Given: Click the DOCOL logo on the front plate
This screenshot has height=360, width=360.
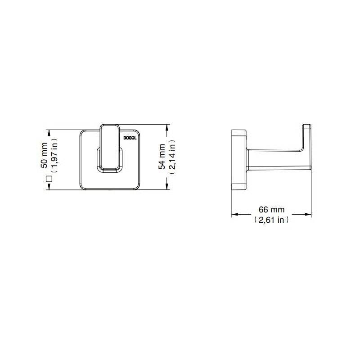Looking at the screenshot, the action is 130,138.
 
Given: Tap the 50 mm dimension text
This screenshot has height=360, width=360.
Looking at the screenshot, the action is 44,155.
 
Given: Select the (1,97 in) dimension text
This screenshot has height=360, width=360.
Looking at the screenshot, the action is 54,155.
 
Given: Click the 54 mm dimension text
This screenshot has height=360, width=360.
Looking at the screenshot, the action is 162,157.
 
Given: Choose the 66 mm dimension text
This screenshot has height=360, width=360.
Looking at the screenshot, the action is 271,209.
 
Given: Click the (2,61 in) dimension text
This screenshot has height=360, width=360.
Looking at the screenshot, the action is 271,220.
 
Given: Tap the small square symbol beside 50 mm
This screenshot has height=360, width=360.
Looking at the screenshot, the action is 49,179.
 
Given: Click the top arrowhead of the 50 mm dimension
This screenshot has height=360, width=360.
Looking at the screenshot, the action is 49,133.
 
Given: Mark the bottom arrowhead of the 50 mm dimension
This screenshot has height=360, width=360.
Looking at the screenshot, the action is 49,186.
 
